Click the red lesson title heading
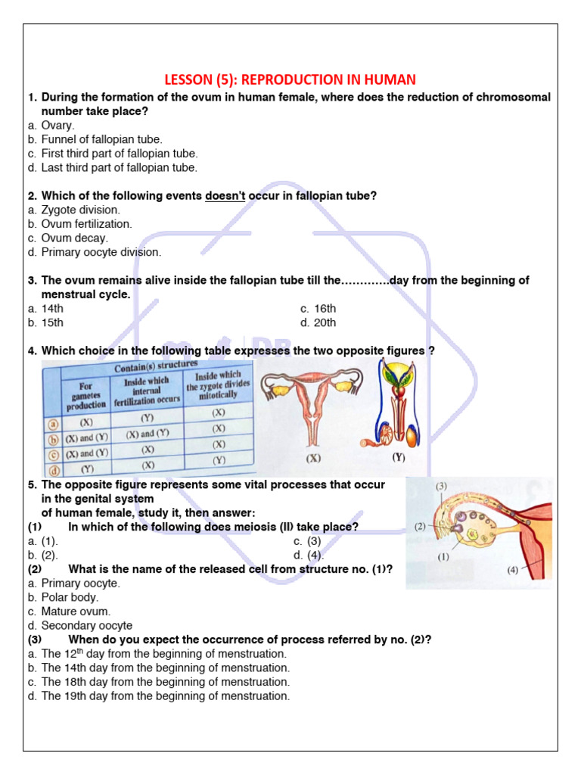290,79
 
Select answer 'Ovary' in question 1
57,126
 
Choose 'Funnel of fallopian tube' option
101,140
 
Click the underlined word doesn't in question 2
225,196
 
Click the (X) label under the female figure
313,459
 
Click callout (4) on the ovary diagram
512,570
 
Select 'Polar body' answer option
70,598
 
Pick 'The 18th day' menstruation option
165,683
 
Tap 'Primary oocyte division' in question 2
101,253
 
